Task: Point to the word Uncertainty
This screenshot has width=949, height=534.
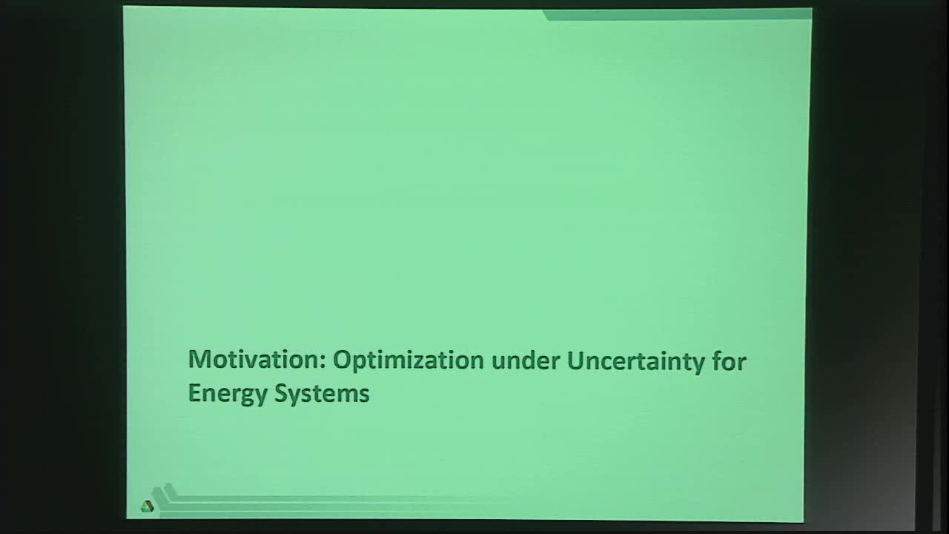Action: (x=632, y=361)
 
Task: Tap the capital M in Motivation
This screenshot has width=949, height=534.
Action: (x=199, y=360)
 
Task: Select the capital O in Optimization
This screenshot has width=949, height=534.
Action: (x=342, y=360)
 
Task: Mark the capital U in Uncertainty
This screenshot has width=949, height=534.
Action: (x=575, y=360)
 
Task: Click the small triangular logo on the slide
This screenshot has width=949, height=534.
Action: (x=147, y=506)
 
